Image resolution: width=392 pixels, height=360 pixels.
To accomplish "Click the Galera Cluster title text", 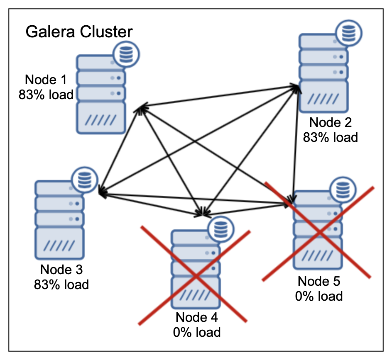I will [x=79, y=32].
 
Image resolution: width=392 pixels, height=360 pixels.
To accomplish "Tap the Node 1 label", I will [x=46, y=80].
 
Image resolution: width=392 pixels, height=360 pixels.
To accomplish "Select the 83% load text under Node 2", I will [x=331, y=137].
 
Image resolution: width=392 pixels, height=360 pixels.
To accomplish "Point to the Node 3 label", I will [x=61, y=270].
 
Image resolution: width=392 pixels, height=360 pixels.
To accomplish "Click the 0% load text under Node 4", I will [x=197, y=332].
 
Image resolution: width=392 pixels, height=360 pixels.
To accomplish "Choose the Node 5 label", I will [x=319, y=281].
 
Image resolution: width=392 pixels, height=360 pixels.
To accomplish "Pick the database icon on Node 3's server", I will [x=85, y=179].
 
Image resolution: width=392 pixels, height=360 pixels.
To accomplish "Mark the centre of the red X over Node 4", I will [x=195, y=275].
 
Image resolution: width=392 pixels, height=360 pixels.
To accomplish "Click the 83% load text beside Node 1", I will [x=46, y=95].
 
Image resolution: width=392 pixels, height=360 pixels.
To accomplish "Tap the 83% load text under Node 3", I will [x=61, y=285].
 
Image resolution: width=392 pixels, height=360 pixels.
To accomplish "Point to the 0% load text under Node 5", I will [x=319, y=296].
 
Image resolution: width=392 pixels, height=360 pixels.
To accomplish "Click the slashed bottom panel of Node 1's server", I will [x=101, y=119].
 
